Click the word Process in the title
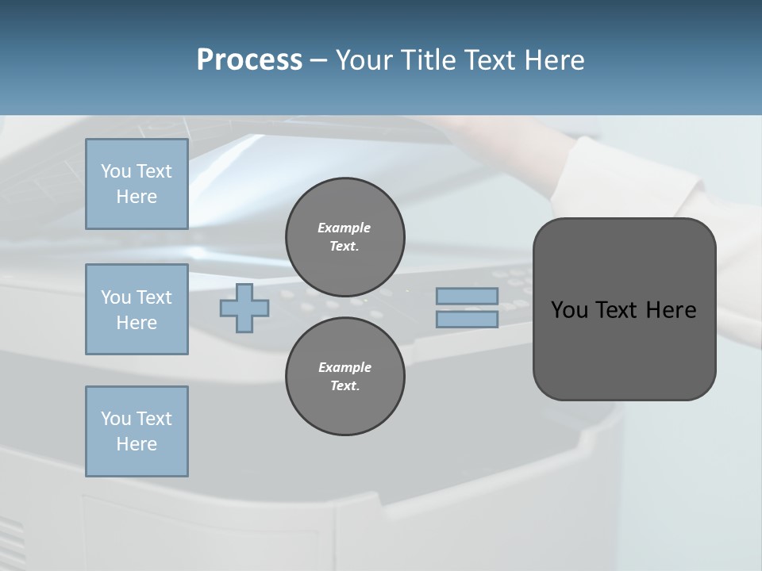tap(249, 60)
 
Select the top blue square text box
tap(137, 184)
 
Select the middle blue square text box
tap(137, 309)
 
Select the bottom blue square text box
tap(137, 431)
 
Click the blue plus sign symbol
tap(244, 308)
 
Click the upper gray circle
tap(345, 237)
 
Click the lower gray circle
tap(345, 377)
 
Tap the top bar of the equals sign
tap(468, 297)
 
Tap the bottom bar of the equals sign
tap(468, 320)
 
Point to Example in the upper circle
tap(344, 228)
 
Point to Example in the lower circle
tap(344, 367)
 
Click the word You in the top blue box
tap(116, 171)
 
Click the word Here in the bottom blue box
tap(137, 444)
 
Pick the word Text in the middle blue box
tap(154, 297)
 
